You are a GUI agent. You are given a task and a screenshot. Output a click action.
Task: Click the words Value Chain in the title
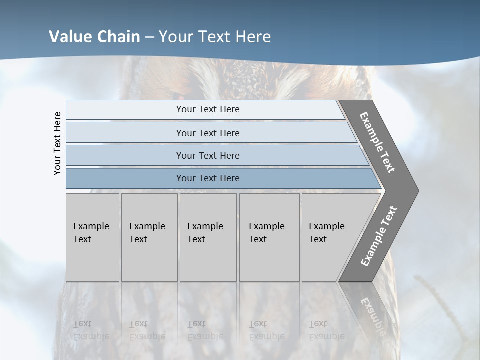[x=94, y=37]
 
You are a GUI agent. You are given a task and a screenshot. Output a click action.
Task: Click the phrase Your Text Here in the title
[x=215, y=37]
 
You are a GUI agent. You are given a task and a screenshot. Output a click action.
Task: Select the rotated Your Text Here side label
[x=58, y=143]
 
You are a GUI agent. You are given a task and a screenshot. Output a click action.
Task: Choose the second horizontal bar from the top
[x=207, y=133]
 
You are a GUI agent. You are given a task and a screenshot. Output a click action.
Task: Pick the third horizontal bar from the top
[x=207, y=155]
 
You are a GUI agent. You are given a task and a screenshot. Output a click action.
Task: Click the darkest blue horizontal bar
[x=207, y=178]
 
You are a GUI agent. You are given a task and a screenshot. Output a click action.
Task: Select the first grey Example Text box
[x=92, y=237]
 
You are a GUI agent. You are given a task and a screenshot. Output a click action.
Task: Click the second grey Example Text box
[x=149, y=237]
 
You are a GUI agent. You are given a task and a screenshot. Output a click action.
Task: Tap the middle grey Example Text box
[x=208, y=237]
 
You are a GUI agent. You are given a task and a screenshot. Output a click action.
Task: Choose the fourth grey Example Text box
[x=269, y=237]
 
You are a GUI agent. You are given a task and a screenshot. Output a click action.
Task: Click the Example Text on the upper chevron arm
[x=378, y=142]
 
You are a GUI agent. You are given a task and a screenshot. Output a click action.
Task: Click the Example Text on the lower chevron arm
[x=379, y=236]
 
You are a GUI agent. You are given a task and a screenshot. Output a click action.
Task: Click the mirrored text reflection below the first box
[x=91, y=330]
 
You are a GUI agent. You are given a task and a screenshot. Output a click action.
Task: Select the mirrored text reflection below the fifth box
[x=327, y=330]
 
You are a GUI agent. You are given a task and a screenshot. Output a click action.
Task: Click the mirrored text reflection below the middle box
[x=205, y=330]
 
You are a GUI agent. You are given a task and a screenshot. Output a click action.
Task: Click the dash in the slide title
[x=149, y=37]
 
